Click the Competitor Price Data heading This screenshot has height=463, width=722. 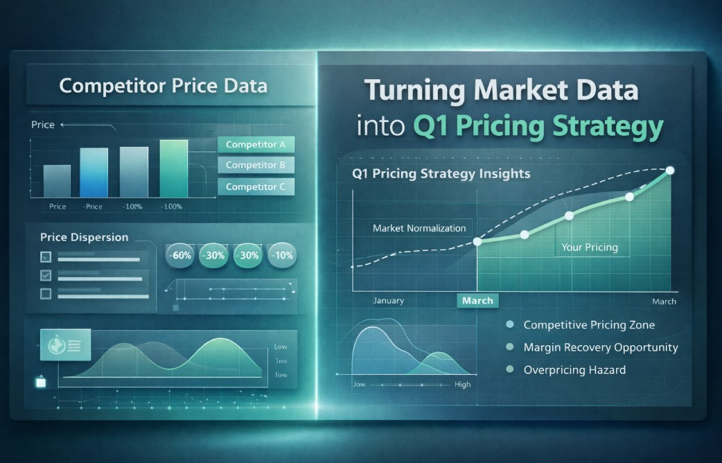[x=163, y=86]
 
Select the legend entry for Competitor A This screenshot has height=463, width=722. [x=256, y=145]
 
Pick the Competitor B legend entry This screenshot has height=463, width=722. [x=256, y=165]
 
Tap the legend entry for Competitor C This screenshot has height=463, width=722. [x=256, y=186]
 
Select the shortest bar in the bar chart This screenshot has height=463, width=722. [x=57, y=181]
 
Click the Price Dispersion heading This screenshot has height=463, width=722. [x=84, y=237]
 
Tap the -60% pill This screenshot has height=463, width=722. [x=182, y=255]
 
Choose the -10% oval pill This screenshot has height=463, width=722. [x=281, y=255]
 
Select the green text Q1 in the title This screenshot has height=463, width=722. [x=430, y=127]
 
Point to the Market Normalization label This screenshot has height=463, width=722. [x=419, y=228]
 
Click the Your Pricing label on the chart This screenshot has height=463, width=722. [x=589, y=247]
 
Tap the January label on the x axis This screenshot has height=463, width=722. [x=388, y=301]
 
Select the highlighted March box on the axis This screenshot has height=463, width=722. [x=477, y=300]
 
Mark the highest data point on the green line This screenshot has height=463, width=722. [x=670, y=171]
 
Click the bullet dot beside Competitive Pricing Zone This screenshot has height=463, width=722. [x=510, y=324]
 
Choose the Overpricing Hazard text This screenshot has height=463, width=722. [x=574, y=370]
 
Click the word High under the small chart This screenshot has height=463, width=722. [x=462, y=384]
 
